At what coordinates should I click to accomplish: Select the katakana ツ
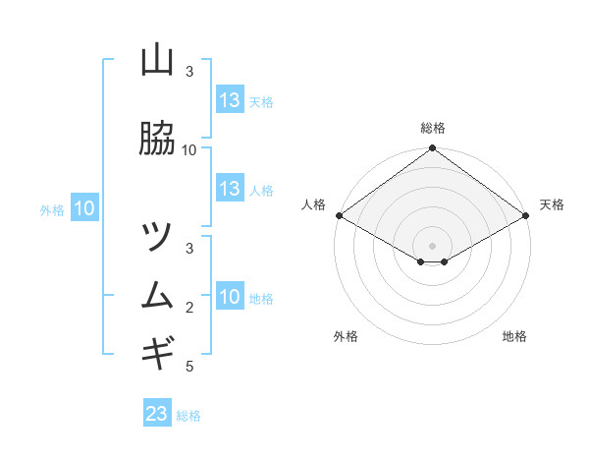pyautogui.click(x=157, y=237)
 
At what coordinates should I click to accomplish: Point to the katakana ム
pyautogui.click(x=157, y=295)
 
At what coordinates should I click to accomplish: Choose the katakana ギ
pyautogui.click(x=157, y=351)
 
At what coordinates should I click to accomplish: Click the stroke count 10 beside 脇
pyautogui.click(x=189, y=150)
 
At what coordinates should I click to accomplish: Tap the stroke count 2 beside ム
pyautogui.click(x=189, y=308)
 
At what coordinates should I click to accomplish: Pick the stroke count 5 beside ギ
pyautogui.click(x=189, y=367)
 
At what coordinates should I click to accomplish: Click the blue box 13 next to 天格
pyautogui.click(x=230, y=100)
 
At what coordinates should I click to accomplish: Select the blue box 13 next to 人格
pyautogui.click(x=230, y=190)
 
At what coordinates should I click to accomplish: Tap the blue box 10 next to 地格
pyautogui.click(x=230, y=298)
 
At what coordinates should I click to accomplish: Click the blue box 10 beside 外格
pyautogui.click(x=84, y=208)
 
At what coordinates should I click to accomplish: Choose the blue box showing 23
pyautogui.click(x=157, y=414)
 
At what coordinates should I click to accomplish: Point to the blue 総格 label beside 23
pyautogui.click(x=188, y=416)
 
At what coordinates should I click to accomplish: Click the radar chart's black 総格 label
pyautogui.click(x=433, y=128)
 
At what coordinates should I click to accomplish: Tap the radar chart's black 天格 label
pyautogui.click(x=552, y=204)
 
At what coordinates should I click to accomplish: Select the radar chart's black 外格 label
pyautogui.click(x=346, y=336)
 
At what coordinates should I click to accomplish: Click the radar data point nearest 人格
pyautogui.click(x=339, y=215)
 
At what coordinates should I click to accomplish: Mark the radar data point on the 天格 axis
pyautogui.click(x=527, y=215)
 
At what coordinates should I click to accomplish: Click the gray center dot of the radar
pyautogui.click(x=433, y=246)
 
